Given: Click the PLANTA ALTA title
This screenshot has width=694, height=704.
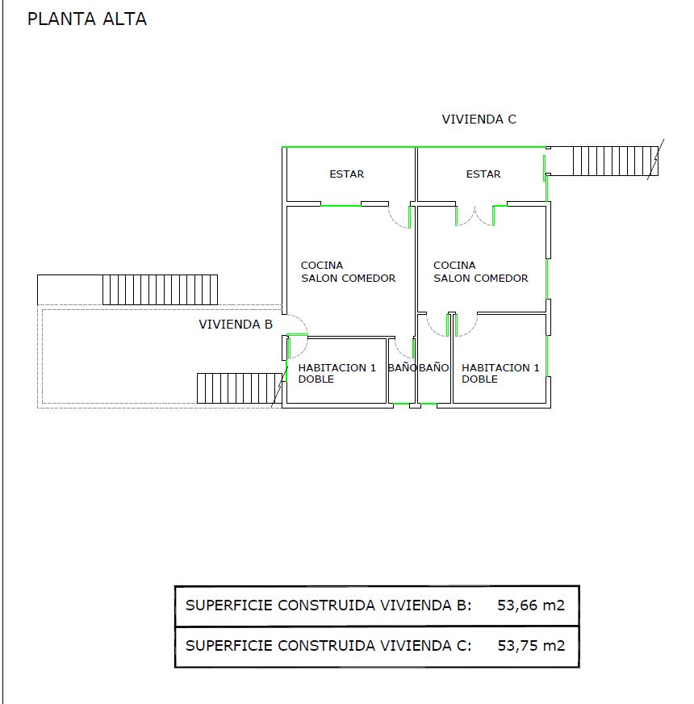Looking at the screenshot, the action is (87, 19).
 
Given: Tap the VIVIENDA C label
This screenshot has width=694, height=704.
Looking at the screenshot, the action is (479, 119).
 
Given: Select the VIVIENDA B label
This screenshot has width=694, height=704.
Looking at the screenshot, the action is (236, 325).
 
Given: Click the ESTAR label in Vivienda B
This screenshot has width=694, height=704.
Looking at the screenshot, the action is (346, 174).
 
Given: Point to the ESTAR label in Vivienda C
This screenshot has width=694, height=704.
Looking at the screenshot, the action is (483, 174).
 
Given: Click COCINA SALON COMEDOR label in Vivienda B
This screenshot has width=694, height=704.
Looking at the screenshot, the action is (348, 271).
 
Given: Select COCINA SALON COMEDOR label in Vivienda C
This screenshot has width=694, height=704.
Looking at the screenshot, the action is (480, 271).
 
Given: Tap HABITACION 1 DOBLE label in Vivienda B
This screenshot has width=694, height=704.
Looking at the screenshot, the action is (337, 373).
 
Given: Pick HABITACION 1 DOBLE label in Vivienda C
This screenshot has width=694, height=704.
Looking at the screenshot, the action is (500, 373).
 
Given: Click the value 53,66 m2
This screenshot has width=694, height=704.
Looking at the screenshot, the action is (531, 606).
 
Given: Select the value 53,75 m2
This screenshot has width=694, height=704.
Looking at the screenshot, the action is (531, 646).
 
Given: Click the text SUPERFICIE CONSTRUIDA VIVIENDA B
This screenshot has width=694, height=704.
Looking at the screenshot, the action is (328, 606).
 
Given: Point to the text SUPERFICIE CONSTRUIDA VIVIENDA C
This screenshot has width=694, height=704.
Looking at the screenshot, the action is (328, 646).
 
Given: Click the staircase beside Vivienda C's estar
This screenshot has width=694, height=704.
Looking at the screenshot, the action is (616, 161).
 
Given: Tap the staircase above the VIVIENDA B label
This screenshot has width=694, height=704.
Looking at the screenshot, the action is (161, 290).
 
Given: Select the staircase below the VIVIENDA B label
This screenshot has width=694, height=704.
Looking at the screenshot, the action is (239, 388).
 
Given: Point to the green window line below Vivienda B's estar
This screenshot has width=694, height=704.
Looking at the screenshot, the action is (341, 206).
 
